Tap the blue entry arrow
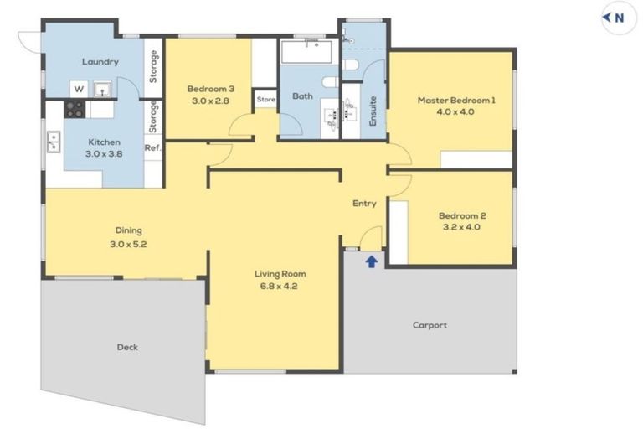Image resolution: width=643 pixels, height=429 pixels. (371, 261)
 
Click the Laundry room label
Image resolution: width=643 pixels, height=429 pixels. (100, 61)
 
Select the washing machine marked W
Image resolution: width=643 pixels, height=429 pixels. (79, 88)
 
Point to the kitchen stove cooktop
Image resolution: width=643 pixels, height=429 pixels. (75, 109)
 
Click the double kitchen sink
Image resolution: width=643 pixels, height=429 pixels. (53, 142)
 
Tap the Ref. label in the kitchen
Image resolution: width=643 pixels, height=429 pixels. (152, 148)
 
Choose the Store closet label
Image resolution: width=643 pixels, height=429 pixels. (265, 99)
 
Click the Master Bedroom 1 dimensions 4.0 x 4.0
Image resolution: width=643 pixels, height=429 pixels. (455, 111)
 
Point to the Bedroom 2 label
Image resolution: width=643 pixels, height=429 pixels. (462, 214)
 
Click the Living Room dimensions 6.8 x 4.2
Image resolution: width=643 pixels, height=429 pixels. (280, 285)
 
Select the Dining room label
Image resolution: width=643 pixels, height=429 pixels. (128, 230)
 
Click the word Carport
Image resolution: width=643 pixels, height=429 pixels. (430, 325)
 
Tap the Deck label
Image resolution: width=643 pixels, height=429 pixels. (127, 347)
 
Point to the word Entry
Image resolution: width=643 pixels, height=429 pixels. (364, 203)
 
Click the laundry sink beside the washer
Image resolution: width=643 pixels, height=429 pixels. (102, 87)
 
